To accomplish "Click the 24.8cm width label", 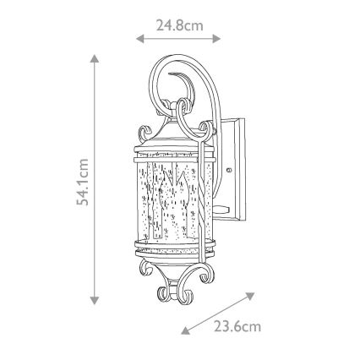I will (x=179, y=25).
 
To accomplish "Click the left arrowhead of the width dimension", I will (x=139, y=38).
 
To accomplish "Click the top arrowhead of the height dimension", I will (x=95, y=59).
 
